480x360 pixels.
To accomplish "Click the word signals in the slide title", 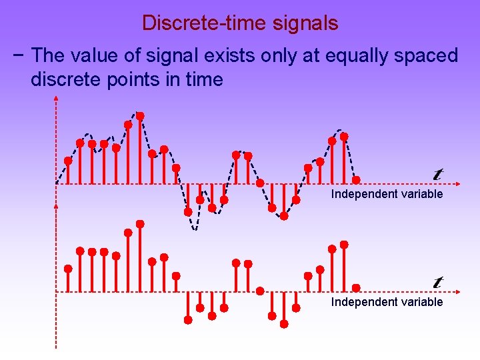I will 305,24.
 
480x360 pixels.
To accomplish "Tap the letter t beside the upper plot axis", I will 438,174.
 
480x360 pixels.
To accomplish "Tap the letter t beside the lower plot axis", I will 438,282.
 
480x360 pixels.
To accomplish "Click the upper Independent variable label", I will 387,194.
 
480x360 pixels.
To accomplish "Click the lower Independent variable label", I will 387,302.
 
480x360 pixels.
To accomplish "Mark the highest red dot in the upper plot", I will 140,115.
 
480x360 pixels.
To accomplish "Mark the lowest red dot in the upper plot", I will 284,216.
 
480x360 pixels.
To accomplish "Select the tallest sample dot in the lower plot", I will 140,223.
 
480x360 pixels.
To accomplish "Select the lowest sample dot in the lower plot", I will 284,324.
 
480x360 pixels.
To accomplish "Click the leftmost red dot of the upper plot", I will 68,161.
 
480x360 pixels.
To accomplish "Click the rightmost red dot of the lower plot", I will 356,287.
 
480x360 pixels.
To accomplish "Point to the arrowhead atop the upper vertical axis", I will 56,99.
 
